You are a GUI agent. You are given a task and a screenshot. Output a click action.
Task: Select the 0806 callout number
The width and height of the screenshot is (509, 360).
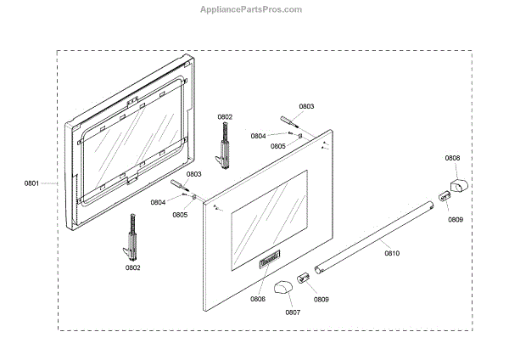point(258,298)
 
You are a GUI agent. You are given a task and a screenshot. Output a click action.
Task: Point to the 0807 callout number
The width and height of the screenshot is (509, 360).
point(292,312)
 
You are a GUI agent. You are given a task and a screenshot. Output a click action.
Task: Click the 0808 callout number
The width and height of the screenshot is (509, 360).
point(453,158)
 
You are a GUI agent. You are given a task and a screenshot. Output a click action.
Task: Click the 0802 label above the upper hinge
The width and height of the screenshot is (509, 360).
point(225,116)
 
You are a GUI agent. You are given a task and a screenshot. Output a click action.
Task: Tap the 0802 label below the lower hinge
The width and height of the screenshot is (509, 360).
point(133,267)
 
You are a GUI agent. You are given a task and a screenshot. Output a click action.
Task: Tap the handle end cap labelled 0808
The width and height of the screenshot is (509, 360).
point(458,184)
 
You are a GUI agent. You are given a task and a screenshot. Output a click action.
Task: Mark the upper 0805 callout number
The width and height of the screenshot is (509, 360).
point(278,146)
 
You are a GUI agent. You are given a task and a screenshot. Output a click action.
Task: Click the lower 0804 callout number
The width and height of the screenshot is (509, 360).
point(158,202)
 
